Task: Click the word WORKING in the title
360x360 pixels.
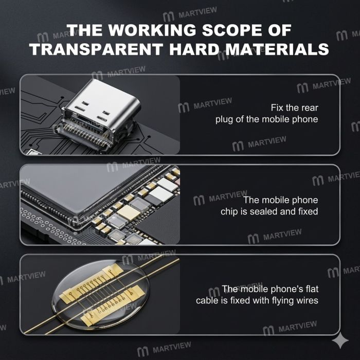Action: point(152,30)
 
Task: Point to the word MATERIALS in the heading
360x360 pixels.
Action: point(277,49)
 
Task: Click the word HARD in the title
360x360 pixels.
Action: point(194,49)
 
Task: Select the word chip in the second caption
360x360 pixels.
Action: point(229,212)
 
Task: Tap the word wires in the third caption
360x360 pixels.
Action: point(307,300)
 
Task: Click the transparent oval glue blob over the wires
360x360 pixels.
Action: point(100,294)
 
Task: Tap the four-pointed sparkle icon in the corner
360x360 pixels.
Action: point(340,340)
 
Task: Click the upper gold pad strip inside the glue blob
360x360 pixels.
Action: point(92,283)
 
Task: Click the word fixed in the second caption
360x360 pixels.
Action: point(308,211)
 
